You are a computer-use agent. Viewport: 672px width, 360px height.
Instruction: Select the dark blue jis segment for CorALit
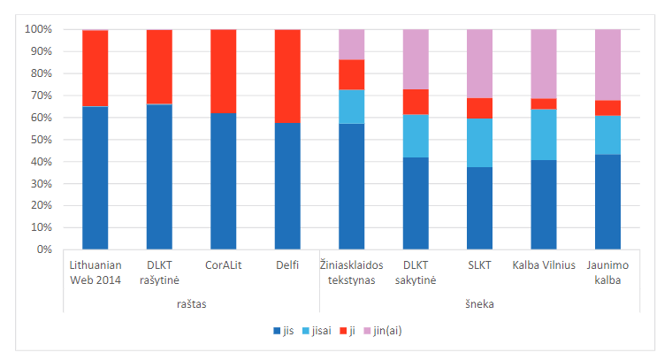tap(224, 180)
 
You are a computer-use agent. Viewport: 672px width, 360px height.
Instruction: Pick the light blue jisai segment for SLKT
tap(479, 142)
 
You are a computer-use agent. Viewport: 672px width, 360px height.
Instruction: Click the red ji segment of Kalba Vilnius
tap(544, 103)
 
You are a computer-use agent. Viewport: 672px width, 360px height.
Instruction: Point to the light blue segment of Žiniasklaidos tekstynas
tap(352, 106)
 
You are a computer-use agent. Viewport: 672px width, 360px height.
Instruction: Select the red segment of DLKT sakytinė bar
tap(416, 102)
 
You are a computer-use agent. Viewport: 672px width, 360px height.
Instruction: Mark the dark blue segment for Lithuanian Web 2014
tap(95, 177)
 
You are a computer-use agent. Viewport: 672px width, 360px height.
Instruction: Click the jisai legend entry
tap(317, 331)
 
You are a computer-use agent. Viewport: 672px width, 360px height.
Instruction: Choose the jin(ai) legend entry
tap(388, 331)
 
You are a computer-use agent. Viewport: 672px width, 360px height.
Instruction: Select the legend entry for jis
tap(282, 331)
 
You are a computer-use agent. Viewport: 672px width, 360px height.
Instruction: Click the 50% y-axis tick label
tap(42, 140)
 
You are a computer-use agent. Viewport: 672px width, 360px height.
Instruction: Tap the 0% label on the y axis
tap(44, 249)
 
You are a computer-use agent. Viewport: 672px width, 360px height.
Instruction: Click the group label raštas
tap(192, 303)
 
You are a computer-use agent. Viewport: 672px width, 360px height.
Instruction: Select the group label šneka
tap(480, 303)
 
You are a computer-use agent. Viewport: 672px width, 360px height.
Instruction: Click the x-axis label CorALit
tap(224, 265)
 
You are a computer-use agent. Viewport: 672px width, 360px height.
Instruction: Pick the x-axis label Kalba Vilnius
tap(544, 265)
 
